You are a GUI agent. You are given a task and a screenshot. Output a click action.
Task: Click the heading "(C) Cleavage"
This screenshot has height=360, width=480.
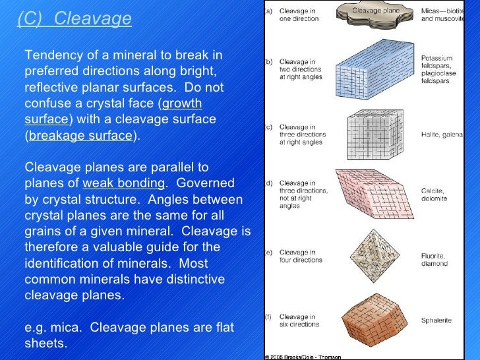(75, 18)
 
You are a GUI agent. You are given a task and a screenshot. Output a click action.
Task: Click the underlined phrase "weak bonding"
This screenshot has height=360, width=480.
(123, 183)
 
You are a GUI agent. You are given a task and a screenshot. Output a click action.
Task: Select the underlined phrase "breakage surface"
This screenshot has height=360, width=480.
(81, 136)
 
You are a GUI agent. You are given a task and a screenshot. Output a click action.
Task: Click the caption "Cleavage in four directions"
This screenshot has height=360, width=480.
(298, 256)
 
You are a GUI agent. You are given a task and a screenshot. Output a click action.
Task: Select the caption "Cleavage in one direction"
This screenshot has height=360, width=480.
(298, 15)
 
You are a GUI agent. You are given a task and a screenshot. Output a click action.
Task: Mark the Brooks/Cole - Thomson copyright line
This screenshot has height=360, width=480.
(304, 356)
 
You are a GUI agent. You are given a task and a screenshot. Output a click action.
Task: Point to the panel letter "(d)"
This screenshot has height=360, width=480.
(269, 183)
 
